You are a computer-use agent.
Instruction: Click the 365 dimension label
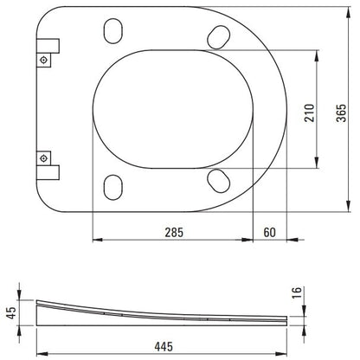click(342, 113)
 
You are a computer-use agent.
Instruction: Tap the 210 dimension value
click(310, 113)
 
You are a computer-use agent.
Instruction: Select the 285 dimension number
click(174, 233)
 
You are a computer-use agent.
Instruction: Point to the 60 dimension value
click(270, 233)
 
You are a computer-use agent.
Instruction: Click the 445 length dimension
click(164, 346)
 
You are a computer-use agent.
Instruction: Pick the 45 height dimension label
click(12, 312)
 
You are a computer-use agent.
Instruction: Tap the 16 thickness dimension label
click(297, 292)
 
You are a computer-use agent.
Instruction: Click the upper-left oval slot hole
click(112, 31)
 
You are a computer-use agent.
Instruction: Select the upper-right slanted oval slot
click(219, 37)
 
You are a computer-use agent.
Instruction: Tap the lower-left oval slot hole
click(112, 187)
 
